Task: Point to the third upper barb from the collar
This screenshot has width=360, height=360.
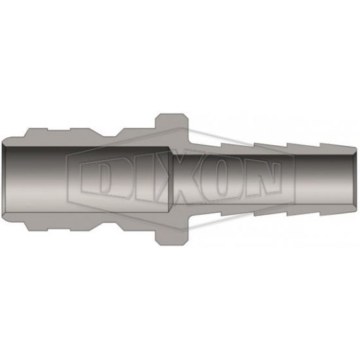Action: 304,147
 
